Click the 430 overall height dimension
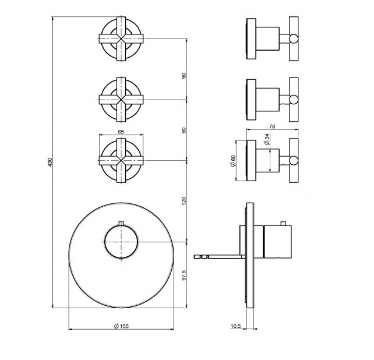(50, 162)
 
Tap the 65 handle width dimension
(121, 132)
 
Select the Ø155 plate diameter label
(121, 326)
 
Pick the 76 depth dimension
(272, 126)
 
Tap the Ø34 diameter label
(267, 139)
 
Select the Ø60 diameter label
(233, 161)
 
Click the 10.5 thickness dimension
(236, 326)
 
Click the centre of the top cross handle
(121, 39)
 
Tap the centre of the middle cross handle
(121, 100)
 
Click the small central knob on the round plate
(121, 242)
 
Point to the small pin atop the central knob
(121, 223)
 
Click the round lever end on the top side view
(294, 39)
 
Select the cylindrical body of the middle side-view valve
(267, 100)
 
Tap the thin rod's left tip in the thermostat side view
(194, 257)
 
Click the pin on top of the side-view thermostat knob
(283, 223)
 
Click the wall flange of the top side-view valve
(251, 39)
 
